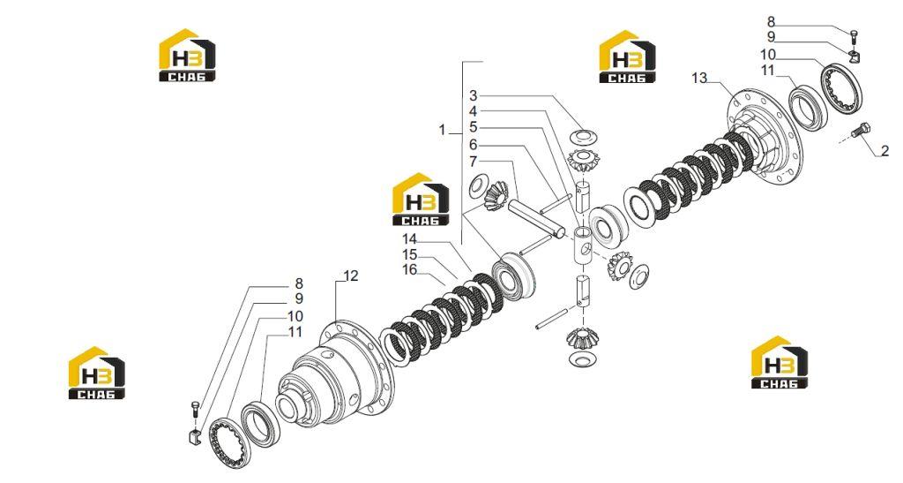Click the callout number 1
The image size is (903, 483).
coord(443,131)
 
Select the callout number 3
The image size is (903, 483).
coord(473,95)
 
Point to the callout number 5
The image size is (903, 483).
coord(473,127)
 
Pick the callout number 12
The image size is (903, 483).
coord(350,276)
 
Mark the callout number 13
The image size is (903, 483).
coord(699,77)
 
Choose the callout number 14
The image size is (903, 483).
coord(409,238)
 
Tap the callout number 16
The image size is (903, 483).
coord(409,269)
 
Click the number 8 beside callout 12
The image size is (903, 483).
coord(299,283)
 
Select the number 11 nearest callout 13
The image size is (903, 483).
coord(768,71)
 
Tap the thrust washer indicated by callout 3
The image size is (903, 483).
coord(583,137)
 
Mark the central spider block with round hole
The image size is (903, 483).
coord(584,245)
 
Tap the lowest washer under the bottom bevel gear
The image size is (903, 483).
coord(583,359)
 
